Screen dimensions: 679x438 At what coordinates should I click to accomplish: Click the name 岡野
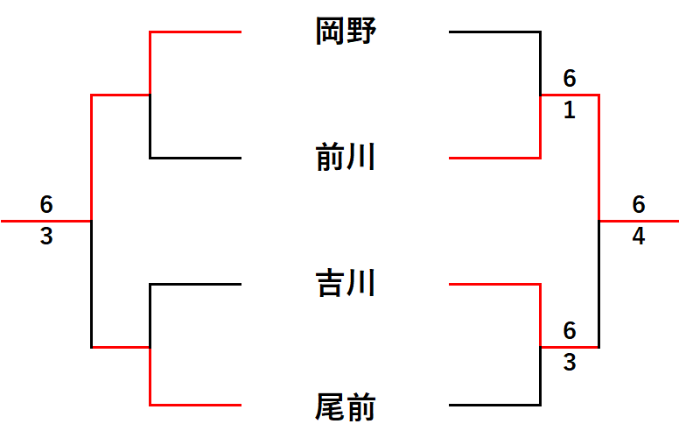tap(346, 32)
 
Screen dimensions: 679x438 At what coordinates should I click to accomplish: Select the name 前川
tap(346, 157)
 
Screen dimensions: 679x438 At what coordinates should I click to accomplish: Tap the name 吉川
tap(346, 283)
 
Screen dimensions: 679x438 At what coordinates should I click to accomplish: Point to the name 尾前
tap(346, 406)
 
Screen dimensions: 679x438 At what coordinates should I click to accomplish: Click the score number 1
tap(570, 109)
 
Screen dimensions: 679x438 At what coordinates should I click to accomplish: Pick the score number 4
tap(639, 237)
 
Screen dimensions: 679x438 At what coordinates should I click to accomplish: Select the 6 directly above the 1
tap(570, 79)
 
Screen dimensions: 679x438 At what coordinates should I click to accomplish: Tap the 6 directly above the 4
tap(639, 204)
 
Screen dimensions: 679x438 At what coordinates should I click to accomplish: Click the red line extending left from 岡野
tap(195, 32)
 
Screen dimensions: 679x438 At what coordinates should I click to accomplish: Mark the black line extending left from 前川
tap(195, 158)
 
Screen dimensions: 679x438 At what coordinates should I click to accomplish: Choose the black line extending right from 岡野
tap(495, 32)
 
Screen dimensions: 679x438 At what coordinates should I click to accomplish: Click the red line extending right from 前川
tap(495, 158)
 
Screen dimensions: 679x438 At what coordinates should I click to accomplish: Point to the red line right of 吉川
tap(495, 284)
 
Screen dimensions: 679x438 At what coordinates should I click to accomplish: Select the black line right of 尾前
tap(495, 405)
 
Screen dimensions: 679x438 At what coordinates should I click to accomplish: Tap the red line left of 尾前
tap(195, 405)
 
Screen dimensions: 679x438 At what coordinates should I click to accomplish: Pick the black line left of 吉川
tap(195, 284)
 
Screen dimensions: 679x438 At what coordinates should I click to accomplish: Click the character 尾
tap(330, 406)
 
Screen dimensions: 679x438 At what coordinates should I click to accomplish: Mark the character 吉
tap(330, 283)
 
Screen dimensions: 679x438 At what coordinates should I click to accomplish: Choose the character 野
tap(361, 32)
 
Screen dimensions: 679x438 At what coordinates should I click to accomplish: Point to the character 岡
tap(330, 32)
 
